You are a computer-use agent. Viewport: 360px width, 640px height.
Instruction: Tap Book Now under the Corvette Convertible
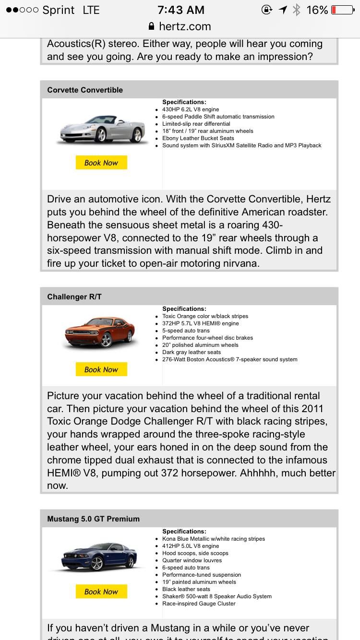click(x=101, y=163)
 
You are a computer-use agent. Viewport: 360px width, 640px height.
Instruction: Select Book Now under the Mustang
click(x=101, y=592)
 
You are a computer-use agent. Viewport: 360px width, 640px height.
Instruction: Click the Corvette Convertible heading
click(x=85, y=90)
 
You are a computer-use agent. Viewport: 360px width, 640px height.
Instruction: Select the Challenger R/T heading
click(x=74, y=296)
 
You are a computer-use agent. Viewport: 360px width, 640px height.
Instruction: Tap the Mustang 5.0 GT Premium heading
click(x=94, y=519)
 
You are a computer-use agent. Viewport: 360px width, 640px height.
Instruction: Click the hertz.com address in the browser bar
click(x=185, y=26)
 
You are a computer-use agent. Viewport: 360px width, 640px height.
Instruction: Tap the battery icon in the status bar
click(x=342, y=10)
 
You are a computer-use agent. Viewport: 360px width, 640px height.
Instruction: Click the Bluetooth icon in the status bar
click(x=297, y=10)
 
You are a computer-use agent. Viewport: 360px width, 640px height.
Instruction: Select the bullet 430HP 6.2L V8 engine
click(x=191, y=109)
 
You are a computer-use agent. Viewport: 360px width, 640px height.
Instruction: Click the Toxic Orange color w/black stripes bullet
click(x=205, y=316)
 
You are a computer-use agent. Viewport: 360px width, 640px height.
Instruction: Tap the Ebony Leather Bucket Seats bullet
click(x=198, y=138)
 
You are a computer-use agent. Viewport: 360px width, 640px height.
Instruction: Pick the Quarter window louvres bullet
click(x=192, y=560)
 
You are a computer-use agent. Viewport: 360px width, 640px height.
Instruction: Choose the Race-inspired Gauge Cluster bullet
click(x=199, y=604)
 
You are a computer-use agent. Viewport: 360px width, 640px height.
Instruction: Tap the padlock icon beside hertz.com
click(x=152, y=26)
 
